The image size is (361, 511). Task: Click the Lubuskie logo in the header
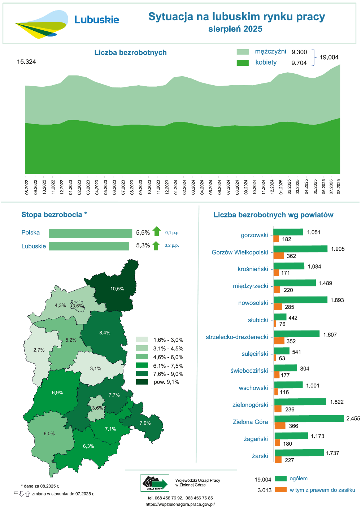(67, 23)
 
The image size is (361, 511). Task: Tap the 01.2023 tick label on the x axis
(71, 187)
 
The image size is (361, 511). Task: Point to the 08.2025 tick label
(339, 187)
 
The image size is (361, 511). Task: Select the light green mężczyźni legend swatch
(243, 52)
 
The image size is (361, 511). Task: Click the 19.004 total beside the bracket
(329, 57)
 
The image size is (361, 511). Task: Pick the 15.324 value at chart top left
(26, 62)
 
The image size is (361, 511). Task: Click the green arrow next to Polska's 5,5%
(157, 231)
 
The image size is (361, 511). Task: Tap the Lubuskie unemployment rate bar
(89, 246)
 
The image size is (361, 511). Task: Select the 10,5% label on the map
(117, 289)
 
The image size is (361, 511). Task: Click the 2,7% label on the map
(39, 350)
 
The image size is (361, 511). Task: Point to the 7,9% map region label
(145, 423)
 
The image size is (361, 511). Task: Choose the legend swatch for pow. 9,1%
(142, 382)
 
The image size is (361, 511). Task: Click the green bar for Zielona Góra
(309, 419)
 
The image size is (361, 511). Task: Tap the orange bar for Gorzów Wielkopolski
(279, 256)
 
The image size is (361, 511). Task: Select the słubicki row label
(258, 320)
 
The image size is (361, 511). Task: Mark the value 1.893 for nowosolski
(337, 300)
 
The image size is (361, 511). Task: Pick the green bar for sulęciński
(282, 351)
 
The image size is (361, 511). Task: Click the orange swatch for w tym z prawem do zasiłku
(280, 490)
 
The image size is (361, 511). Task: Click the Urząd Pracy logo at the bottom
(155, 483)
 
